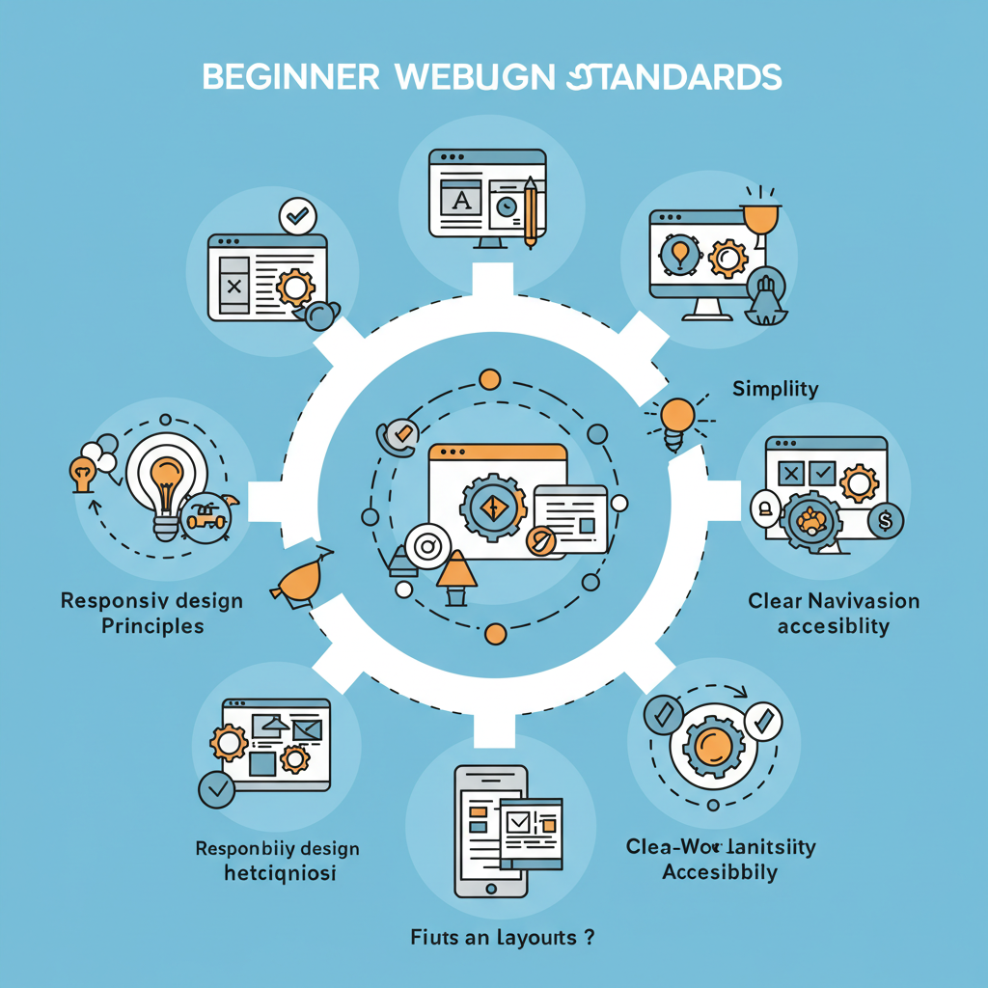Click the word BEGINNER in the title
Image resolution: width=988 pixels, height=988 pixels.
point(290,76)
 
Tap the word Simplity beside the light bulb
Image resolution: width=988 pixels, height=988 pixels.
point(775,389)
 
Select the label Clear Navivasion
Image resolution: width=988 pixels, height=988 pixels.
point(834,601)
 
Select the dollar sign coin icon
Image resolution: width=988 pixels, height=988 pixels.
point(883,522)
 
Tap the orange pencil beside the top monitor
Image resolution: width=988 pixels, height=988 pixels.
point(530,209)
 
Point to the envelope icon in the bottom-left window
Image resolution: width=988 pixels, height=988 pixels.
point(308,730)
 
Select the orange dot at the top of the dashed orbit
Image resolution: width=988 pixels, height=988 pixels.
point(489,379)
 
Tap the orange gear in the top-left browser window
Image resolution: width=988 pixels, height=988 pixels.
point(293,288)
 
